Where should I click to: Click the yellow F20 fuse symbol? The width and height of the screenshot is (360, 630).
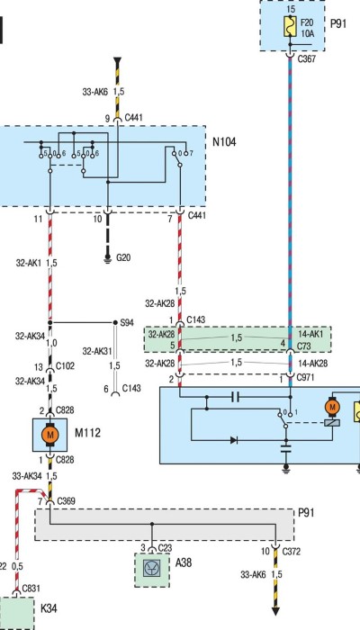(290, 26)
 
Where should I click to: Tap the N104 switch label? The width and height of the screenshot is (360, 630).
(224, 142)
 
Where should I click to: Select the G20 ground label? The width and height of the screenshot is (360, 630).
(123, 257)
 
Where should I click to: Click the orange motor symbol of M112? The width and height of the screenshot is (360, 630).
(49, 435)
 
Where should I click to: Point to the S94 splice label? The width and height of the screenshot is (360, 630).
(128, 322)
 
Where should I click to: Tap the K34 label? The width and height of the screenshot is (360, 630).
(49, 608)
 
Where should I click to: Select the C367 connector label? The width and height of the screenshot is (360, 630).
(307, 59)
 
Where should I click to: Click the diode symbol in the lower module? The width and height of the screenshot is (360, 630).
(234, 440)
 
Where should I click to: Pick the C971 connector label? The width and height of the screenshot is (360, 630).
(305, 377)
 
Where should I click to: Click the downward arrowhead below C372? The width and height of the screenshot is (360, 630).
(275, 611)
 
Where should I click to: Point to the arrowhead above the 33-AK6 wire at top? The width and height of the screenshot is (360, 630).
(117, 62)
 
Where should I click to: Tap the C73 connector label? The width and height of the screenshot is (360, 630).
(304, 346)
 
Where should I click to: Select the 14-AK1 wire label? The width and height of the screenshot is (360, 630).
(310, 334)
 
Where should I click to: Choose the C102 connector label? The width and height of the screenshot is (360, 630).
(65, 366)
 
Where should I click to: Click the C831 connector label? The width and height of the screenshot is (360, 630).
(31, 589)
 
